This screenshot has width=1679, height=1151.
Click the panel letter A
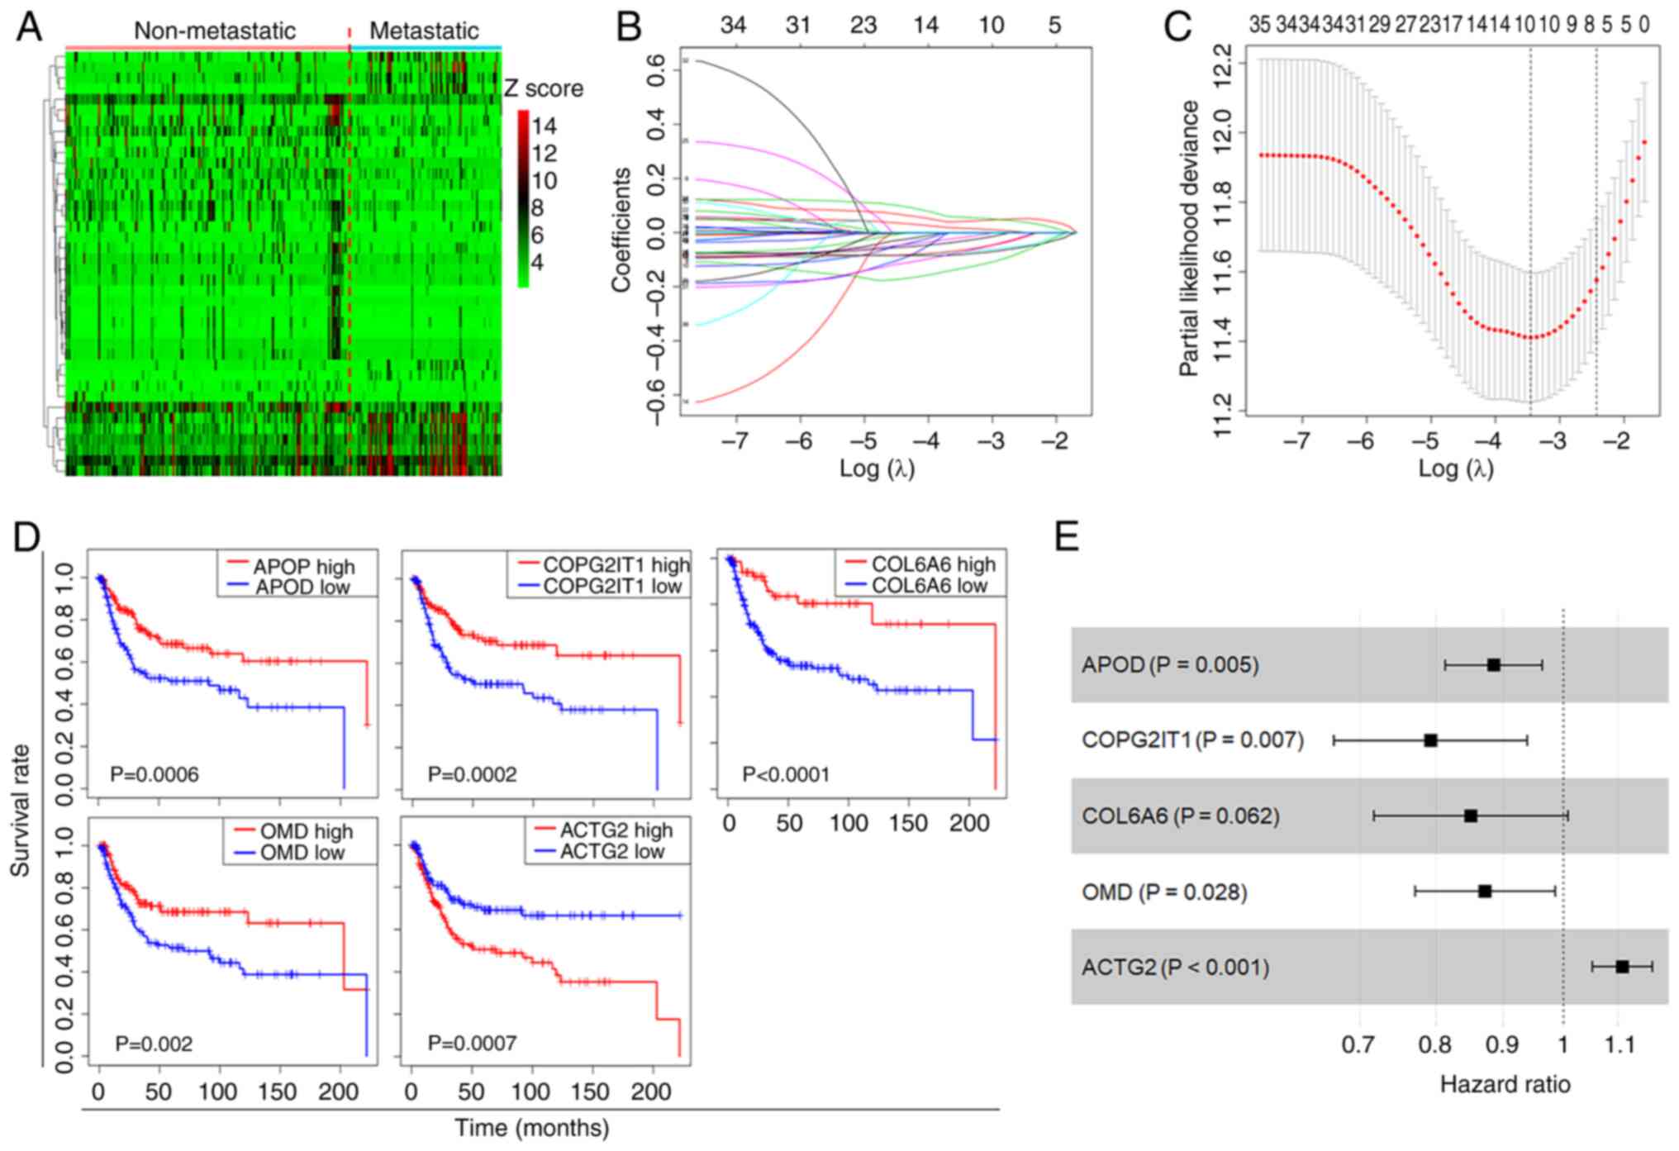[x=30, y=28]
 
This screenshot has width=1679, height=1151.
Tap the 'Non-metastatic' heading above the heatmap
[x=214, y=31]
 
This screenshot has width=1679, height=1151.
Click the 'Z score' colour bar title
[x=543, y=88]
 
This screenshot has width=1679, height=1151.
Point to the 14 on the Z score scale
[x=544, y=126]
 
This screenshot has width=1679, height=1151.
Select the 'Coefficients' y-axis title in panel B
[x=621, y=230]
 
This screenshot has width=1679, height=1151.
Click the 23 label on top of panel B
[x=863, y=26]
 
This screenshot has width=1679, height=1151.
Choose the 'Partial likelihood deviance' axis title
[x=1188, y=238]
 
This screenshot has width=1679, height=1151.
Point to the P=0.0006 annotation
[x=155, y=774]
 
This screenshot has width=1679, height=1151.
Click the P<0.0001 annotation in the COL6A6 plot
[x=786, y=774]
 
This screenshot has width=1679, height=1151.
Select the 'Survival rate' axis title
[x=20, y=811]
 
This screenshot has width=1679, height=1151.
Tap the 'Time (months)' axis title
[x=531, y=1127]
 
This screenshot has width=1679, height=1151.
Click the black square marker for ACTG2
[x=1622, y=967]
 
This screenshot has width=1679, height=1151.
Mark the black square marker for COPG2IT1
[x=1430, y=740]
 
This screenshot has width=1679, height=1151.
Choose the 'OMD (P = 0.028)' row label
[x=1164, y=892]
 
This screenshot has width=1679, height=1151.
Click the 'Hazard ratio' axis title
[x=1505, y=1084]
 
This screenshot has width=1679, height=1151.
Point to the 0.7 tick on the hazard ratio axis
[x=1358, y=1045]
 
